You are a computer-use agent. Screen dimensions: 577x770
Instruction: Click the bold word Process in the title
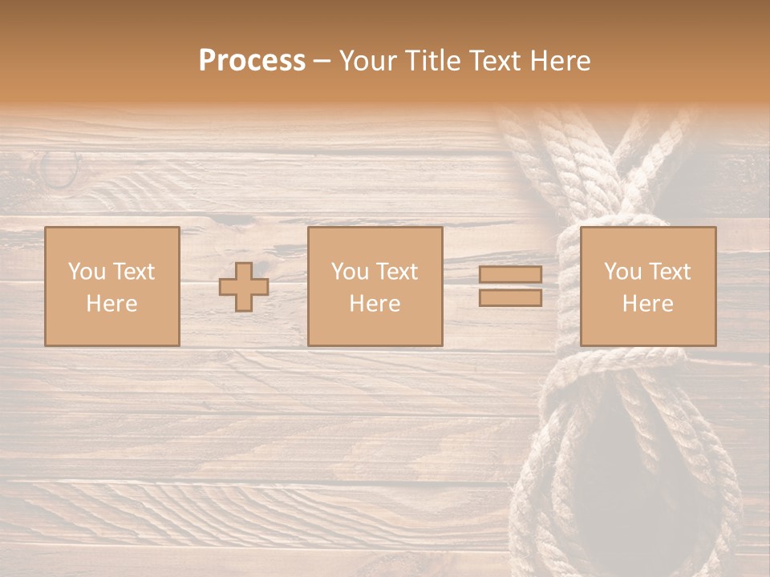[x=252, y=61]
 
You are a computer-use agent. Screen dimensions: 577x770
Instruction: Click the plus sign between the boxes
[x=244, y=287]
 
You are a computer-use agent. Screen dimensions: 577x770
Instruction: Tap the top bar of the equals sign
[x=510, y=274]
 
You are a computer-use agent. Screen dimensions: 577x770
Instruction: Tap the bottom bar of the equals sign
[x=510, y=297]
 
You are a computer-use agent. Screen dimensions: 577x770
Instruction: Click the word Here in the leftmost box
[x=111, y=304]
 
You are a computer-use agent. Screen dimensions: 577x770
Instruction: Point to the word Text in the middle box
[x=397, y=272]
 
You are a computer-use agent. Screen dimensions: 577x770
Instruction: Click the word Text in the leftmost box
[x=134, y=272]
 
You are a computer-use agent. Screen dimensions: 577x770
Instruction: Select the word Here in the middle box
[x=375, y=304]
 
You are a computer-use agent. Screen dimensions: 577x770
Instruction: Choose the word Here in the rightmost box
[x=647, y=304]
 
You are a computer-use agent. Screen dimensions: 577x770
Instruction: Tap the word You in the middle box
[x=350, y=272]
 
